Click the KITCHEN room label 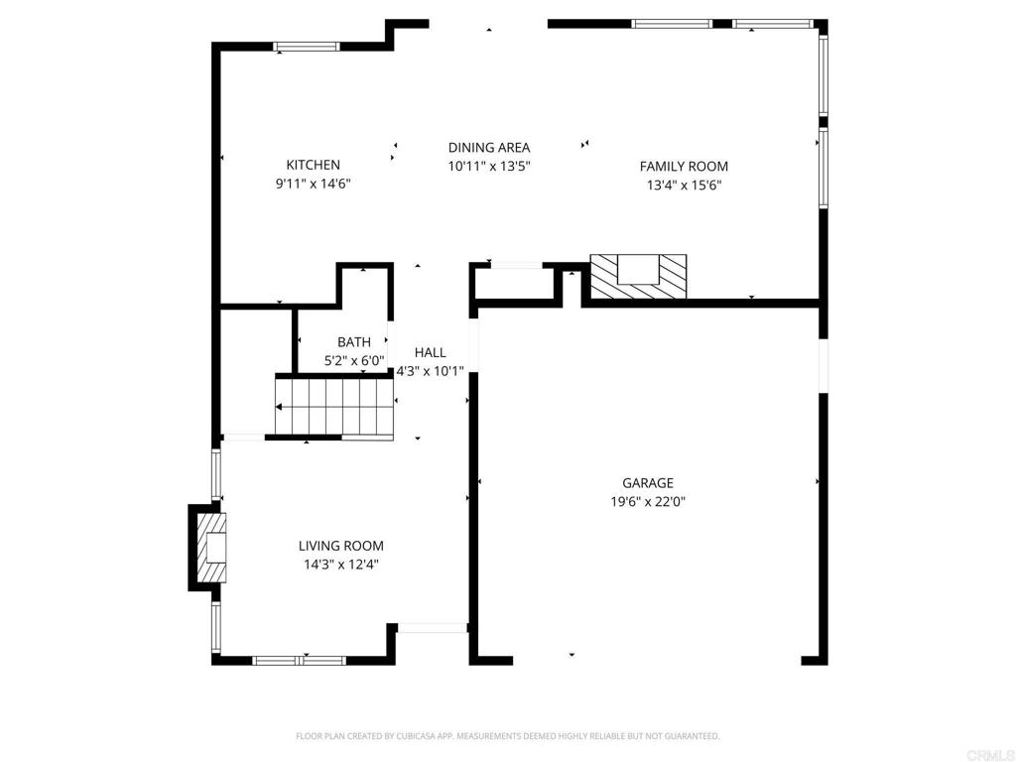click(x=313, y=165)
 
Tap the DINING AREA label click(x=489, y=148)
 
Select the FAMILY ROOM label click(x=684, y=167)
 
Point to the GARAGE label click(x=648, y=483)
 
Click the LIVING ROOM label click(x=341, y=546)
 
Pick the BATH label click(x=354, y=342)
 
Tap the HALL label click(x=431, y=352)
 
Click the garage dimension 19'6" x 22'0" click(x=648, y=501)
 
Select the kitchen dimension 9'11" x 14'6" click(x=313, y=184)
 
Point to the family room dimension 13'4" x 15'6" click(x=685, y=186)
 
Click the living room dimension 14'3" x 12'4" click(x=341, y=565)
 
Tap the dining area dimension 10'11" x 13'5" click(x=489, y=167)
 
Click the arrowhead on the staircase click(x=279, y=407)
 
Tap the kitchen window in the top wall click(x=307, y=47)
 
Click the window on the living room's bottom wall click(x=299, y=661)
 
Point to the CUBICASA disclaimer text click(x=507, y=736)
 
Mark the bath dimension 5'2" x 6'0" click(x=354, y=361)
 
